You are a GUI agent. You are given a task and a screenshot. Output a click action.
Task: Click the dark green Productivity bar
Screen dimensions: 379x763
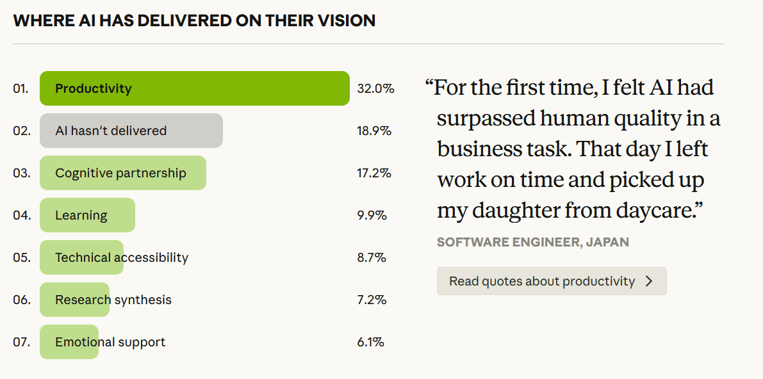(x=194, y=88)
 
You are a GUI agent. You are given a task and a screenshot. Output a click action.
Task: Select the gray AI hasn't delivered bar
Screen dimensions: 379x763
(x=131, y=131)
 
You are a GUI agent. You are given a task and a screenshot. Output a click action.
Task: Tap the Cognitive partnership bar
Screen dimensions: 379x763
(x=123, y=173)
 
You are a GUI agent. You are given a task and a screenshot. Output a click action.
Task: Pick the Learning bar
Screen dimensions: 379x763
(x=87, y=215)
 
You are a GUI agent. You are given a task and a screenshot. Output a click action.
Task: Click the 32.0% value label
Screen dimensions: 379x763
(x=375, y=88)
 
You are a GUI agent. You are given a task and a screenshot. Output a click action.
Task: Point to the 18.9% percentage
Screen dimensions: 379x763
(x=374, y=131)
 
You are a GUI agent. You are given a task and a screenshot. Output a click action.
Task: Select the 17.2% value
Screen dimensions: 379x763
(x=374, y=173)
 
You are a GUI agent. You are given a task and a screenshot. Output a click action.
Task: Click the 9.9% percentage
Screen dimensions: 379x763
(x=372, y=215)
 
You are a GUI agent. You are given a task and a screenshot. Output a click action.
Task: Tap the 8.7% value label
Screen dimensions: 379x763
(x=372, y=257)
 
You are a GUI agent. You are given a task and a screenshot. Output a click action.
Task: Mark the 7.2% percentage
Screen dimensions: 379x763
(x=372, y=300)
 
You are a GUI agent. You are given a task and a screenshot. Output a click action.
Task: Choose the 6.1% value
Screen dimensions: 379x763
(x=371, y=342)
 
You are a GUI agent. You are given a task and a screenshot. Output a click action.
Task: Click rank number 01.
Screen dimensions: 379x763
(x=21, y=88)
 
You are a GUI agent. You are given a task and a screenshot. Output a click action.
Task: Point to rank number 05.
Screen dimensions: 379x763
(x=21, y=257)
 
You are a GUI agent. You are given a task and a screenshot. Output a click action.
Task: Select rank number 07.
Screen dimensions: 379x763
(x=21, y=342)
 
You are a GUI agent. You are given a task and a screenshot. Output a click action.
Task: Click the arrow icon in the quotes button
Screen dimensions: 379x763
(x=649, y=281)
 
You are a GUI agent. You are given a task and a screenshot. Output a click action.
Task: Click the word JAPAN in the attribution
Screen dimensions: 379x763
(x=607, y=242)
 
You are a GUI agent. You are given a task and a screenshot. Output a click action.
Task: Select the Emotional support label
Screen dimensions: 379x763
(x=110, y=342)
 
